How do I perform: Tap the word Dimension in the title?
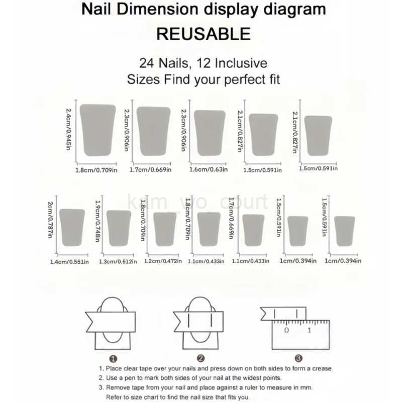click(x=171, y=9)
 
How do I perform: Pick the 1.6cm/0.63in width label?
click(x=209, y=170)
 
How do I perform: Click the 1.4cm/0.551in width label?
click(x=69, y=261)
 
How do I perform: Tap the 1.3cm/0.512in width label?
click(x=118, y=261)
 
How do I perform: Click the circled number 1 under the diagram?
click(x=113, y=358)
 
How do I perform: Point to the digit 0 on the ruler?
click(x=286, y=330)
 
